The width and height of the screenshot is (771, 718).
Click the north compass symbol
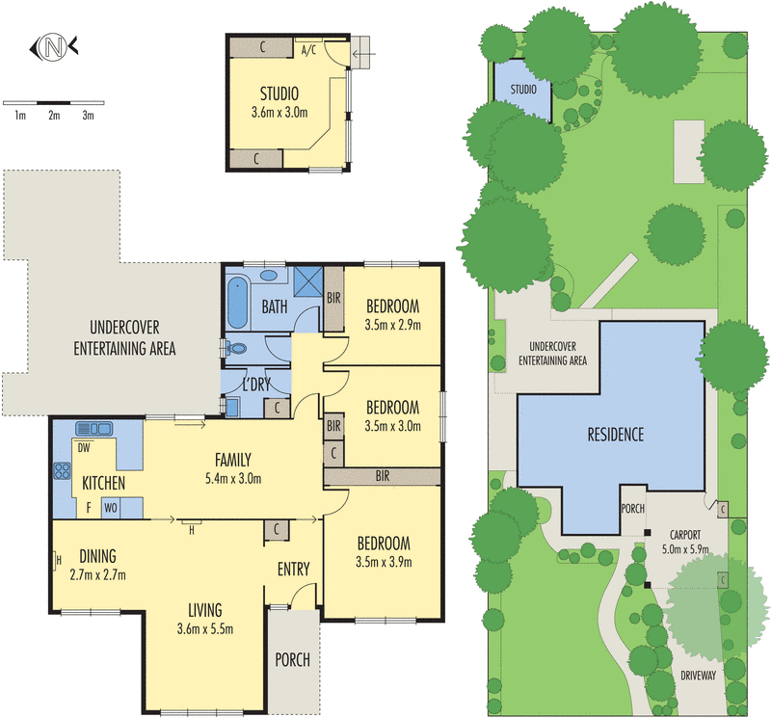pos(54,47)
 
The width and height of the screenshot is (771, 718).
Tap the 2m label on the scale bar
pos(54,116)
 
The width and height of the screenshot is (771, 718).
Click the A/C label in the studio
pos(308,50)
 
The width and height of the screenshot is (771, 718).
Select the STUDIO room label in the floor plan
pos(279,93)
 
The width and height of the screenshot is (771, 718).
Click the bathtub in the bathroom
pos(237,302)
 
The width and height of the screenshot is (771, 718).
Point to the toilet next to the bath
pos(235,348)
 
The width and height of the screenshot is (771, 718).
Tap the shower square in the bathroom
pos(308,280)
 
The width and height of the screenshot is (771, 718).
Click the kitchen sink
pos(93,429)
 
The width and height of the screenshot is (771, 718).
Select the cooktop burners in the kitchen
pos(62,470)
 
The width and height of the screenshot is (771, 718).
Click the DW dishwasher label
pos(84,448)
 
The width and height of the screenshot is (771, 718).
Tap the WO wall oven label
pos(111,508)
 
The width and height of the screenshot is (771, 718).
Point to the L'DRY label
pos(256,385)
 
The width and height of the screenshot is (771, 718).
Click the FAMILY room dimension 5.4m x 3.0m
pos(233,478)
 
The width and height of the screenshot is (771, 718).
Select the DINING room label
pos(98,556)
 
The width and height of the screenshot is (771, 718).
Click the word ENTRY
pos(294,569)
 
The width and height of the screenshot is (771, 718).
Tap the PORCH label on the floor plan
pos(293,659)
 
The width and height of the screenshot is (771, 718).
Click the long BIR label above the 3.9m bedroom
pos(383,475)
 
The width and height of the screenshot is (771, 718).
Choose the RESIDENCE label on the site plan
pos(616,435)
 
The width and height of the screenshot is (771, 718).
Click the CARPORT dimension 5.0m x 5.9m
pos(685,548)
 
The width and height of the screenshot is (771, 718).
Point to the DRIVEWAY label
pos(698,676)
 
